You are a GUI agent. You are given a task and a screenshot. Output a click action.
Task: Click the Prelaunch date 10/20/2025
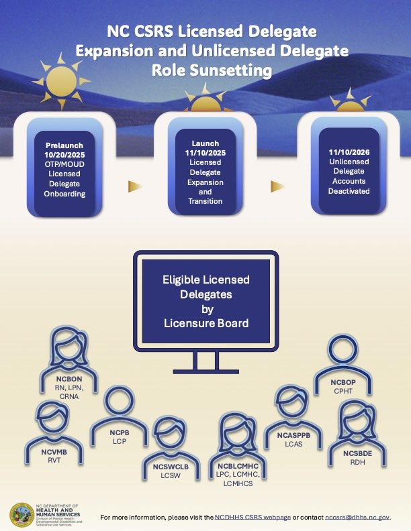coord(66,153)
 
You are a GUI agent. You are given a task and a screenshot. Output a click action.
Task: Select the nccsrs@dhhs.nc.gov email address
coord(357,518)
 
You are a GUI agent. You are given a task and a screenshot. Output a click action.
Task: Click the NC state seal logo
coord(21,514)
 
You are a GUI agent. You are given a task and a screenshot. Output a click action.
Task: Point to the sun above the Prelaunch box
coord(59,79)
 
